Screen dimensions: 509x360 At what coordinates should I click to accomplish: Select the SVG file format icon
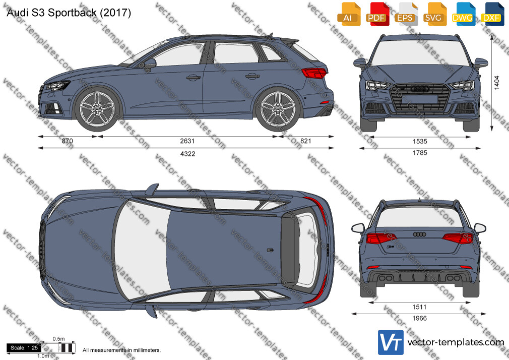coord(433,14)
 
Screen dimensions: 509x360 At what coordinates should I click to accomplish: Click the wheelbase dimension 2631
coord(187,141)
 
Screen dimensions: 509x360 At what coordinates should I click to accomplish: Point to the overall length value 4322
coord(187,154)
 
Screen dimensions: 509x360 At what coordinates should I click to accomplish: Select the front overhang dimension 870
coord(67,141)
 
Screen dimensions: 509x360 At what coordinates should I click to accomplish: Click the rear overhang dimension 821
coord(305,141)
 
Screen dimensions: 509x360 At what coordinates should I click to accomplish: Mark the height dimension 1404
coord(497,83)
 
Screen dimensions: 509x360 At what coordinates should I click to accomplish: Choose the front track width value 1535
coord(420,141)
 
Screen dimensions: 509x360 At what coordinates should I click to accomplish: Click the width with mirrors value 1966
coord(419,319)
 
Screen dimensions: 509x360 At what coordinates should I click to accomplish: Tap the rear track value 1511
coord(419,307)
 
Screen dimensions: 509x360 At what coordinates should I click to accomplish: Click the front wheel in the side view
coord(97,108)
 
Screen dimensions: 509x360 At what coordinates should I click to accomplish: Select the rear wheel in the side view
coord(278,108)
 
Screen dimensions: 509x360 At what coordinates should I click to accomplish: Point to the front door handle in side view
coord(193,78)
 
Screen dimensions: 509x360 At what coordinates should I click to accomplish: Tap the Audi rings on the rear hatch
coord(419,234)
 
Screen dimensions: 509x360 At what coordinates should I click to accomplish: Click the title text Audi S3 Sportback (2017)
coord(69,13)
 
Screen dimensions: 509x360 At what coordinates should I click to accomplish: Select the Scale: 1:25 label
coord(24,348)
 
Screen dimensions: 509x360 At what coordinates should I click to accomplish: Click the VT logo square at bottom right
coord(391,342)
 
